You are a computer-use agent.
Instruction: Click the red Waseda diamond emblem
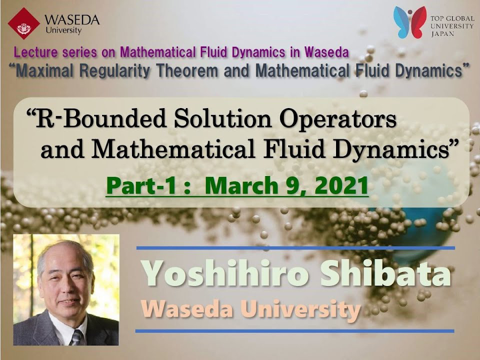[24, 23]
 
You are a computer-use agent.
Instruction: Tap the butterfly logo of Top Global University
[410, 22]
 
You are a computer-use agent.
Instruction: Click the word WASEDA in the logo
[72, 20]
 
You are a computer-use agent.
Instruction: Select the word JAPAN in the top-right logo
[442, 33]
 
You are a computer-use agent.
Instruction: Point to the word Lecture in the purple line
[35, 52]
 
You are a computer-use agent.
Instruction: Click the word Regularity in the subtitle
[115, 71]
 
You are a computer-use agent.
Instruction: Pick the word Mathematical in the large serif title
[173, 149]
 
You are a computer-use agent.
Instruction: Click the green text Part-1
[141, 186]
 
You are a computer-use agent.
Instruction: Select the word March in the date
[241, 186]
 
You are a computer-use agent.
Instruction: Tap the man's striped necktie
[76, 337]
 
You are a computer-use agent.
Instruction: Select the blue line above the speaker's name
[295, 248]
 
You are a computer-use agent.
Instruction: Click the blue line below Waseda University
[295, 331]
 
